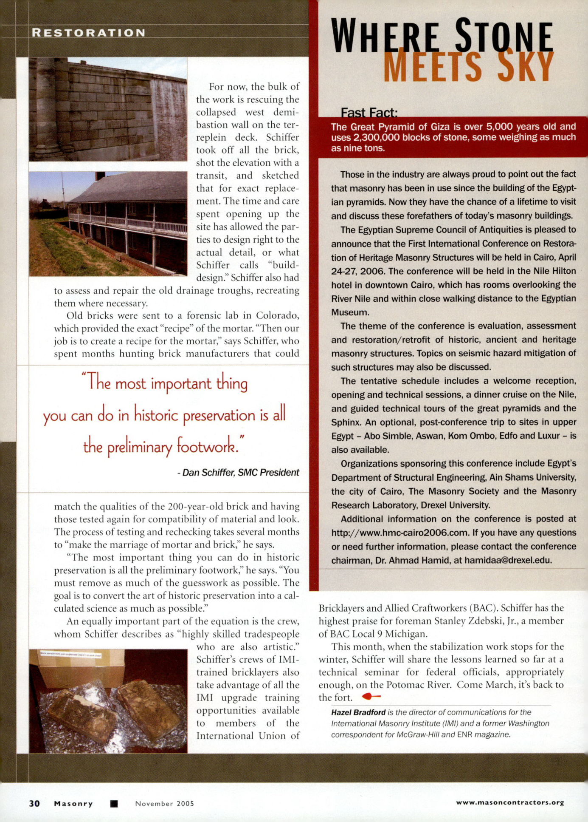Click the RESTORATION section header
(x=88, y=33)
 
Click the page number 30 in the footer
(x=34, y=803)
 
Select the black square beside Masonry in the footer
(x=113, y=803)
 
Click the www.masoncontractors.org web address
(x=510, y=802)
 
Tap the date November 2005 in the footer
(x=164, y=803)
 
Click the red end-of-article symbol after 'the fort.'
(x=371, y=696)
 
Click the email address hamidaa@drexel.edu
(x=508, y=560)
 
